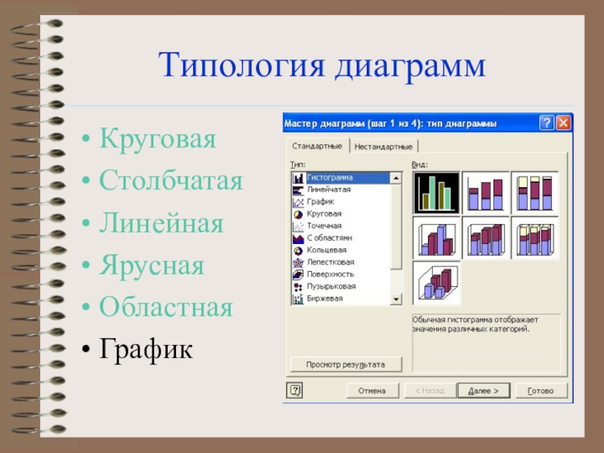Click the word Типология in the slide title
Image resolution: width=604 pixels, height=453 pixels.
tap(242, 66)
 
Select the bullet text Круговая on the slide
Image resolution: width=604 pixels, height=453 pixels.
tap(158, 139)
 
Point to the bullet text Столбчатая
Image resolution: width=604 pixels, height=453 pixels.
tap(171, 180)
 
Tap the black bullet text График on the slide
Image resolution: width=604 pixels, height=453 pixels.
tap(146, 350)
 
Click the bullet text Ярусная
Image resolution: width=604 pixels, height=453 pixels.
tap(152, 266)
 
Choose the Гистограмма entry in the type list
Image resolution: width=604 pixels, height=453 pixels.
tap(329, 177)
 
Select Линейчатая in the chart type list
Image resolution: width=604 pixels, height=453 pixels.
tap(328, 190)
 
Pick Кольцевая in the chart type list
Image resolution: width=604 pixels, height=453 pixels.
tap(327, 250)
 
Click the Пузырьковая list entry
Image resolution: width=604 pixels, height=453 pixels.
tap(331, 286)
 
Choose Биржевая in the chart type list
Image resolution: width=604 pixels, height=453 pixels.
tap(325, 298)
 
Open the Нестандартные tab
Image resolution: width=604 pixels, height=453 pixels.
tap(384, 146)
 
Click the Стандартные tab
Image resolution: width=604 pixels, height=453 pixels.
tap(317, 146)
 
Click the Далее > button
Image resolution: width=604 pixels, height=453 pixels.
tap(483, 390)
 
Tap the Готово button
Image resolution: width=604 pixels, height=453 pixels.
tap(541, 390)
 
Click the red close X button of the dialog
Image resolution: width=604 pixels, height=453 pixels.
tap(563, 123)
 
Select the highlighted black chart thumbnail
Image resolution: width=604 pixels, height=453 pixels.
tap(436, 193)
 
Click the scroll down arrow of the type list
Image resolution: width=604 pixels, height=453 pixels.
tap(396, 299)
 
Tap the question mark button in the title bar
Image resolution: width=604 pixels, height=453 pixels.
tap(547, 123)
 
